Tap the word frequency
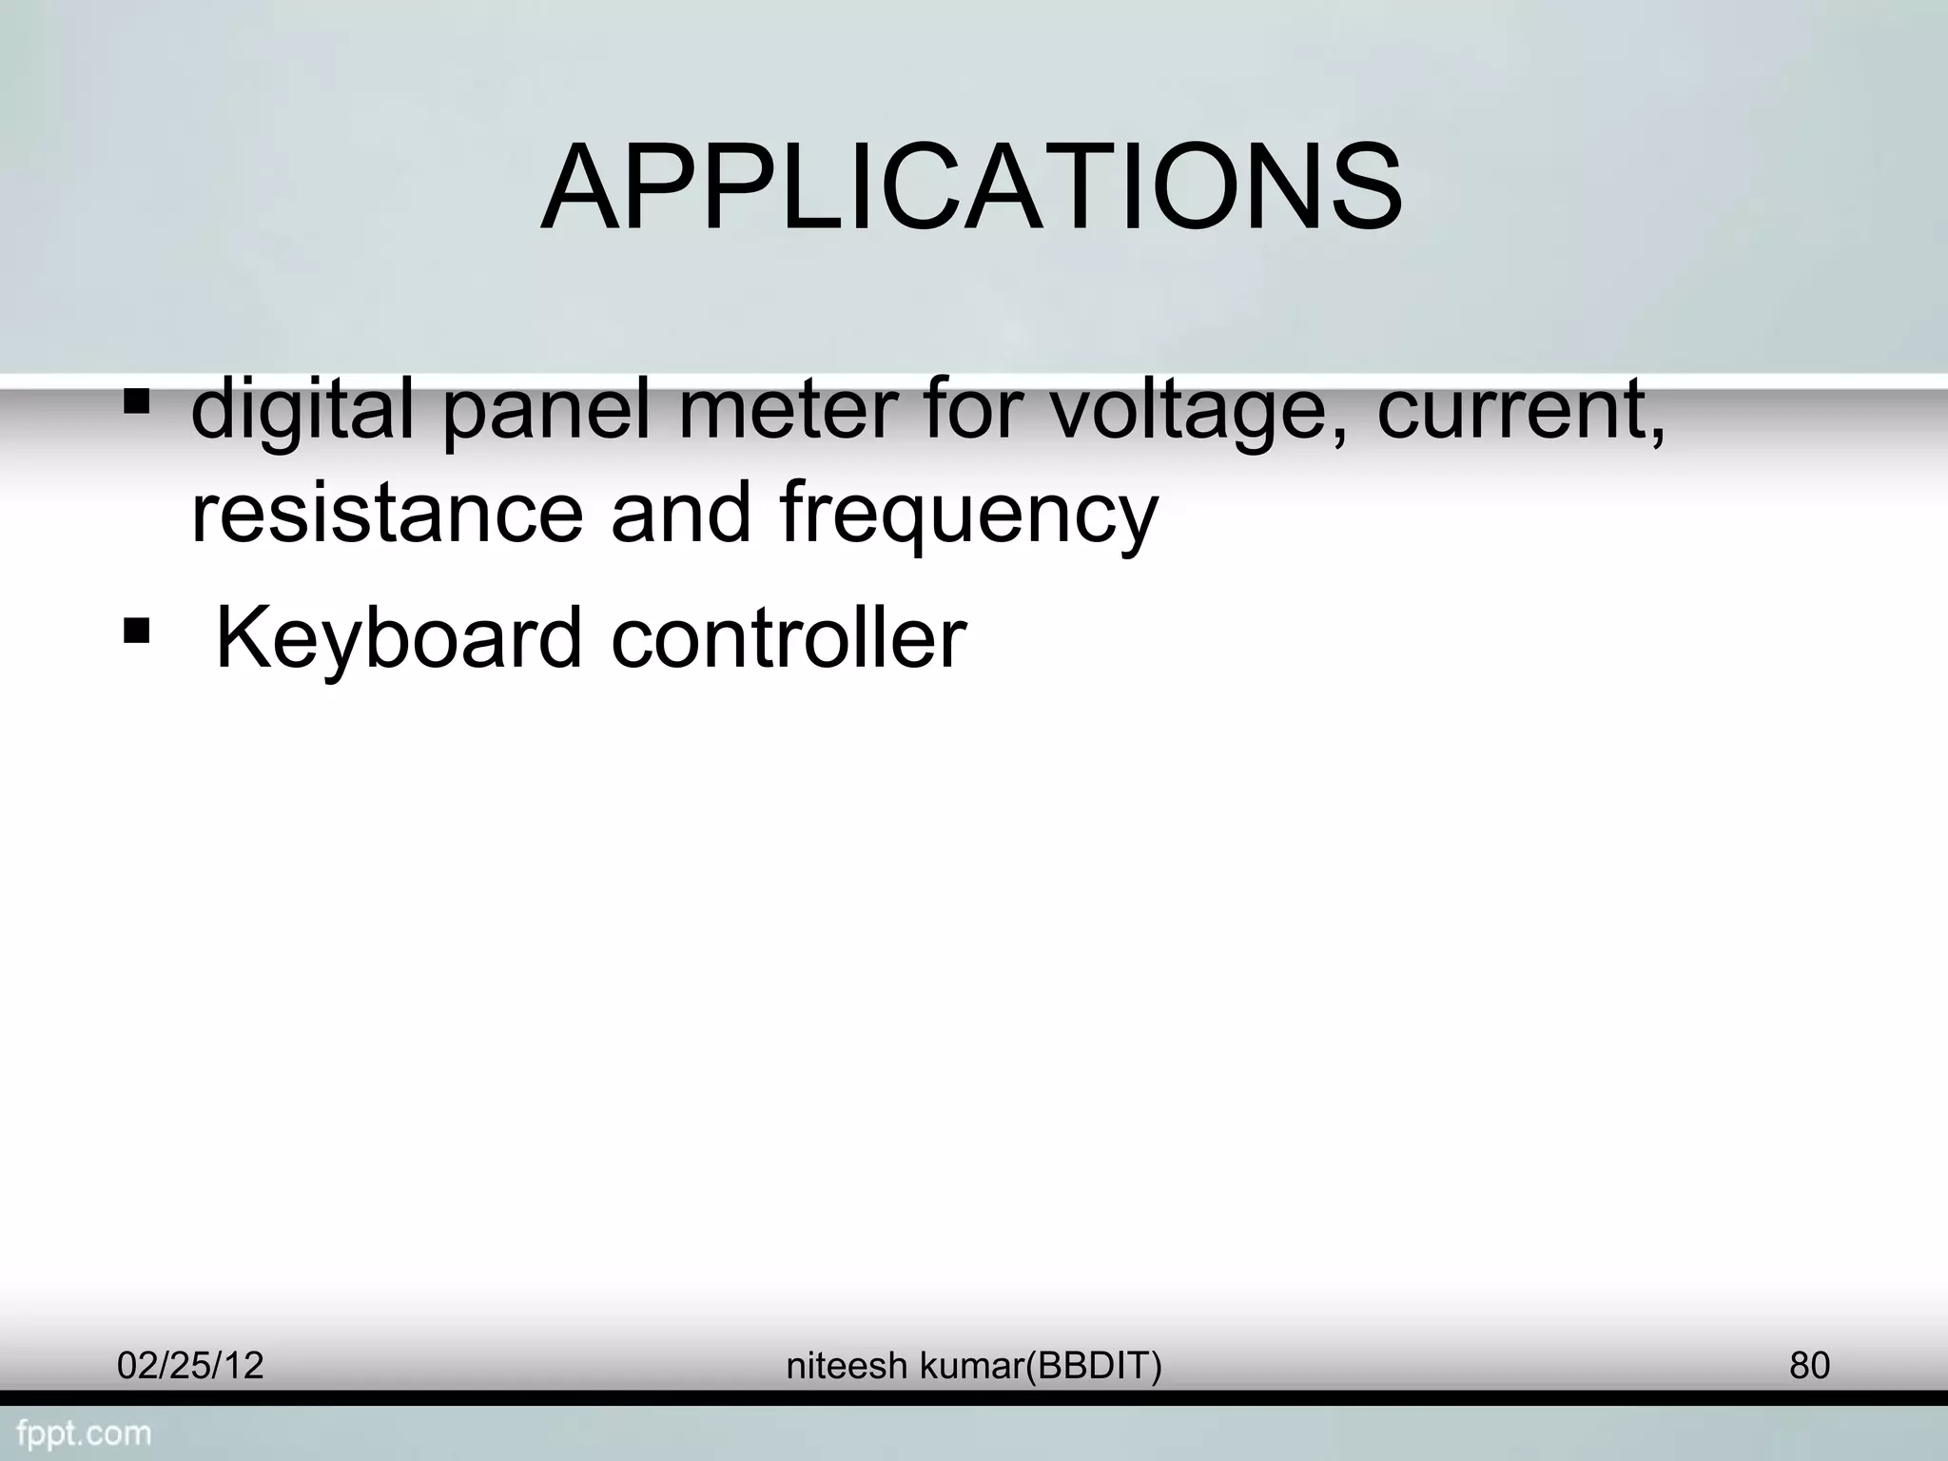[x=968, y=516]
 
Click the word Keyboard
[x=399, y=639]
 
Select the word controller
[x=789, y=637]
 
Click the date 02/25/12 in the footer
[x=190, y=1366]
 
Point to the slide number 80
[x=1809, y=1366]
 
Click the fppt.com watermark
[x=84, y=1433]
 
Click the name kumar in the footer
[x=971, y=1366]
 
